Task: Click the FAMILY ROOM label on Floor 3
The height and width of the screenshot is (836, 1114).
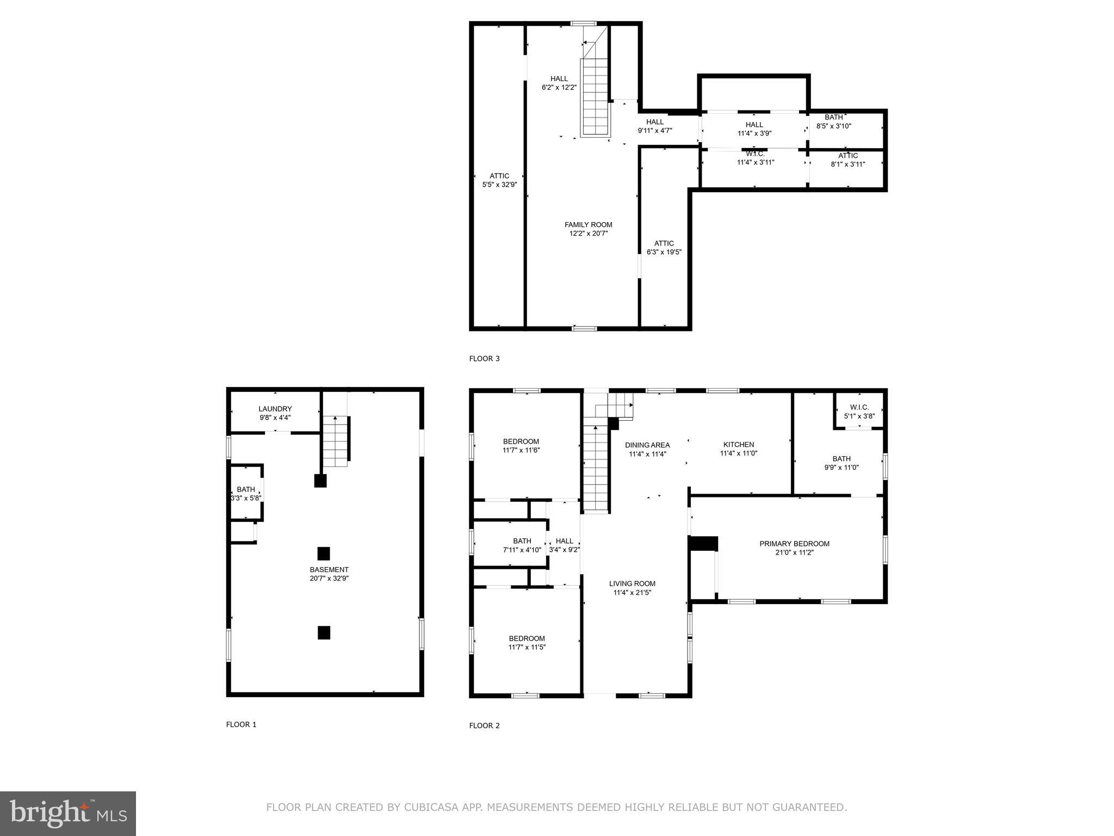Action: point(588,225)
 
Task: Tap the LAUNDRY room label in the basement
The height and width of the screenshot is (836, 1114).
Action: point(275,409)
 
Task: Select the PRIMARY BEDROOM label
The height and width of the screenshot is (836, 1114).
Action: point(794,544)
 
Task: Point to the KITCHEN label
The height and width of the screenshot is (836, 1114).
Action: point(738,445)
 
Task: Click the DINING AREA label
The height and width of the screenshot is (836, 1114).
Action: point(647,445)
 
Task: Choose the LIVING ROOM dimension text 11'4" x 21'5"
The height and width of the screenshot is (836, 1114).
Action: point(632,593)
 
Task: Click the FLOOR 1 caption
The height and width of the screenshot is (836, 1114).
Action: point(241,724)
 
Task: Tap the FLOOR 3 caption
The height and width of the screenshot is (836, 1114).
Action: point(484,359)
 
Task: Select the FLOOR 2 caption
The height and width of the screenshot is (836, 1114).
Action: point(484,726)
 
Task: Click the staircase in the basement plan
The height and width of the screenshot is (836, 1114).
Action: point(335,442)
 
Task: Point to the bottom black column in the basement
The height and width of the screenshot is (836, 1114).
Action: point(324,632)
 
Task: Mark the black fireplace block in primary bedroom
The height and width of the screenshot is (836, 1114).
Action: point(703,543)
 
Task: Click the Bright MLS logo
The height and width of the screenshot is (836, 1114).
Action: point(68,814)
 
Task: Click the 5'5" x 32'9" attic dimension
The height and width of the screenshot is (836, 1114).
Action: point(499,185)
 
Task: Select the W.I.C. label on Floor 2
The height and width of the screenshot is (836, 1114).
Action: point(859,407)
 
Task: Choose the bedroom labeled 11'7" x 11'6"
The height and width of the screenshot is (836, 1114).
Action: point(521,446)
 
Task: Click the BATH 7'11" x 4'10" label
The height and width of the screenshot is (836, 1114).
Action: point(522,545)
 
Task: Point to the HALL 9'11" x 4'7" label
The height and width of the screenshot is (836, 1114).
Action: point(655,126)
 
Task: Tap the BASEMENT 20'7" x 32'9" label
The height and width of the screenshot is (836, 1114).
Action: point(329,574)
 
